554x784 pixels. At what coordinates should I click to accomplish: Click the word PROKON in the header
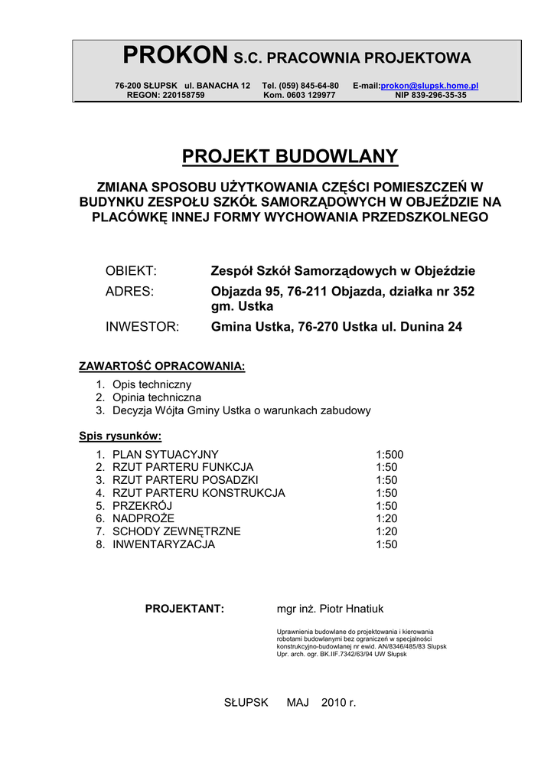pyautogui.click(x=175, y=56)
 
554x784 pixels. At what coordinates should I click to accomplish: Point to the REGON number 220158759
pyautogui.click(x=183, y=96)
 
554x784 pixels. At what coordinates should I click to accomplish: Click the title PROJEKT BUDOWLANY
pyautogui.click(x=290, y=157)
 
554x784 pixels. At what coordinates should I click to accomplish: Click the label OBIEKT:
pyautogui.click(x=131, y=271)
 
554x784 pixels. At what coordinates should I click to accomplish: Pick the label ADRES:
pyautogui.click(x=129, y=292)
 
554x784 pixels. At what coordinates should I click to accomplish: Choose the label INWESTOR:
pyautogui.click(x=142, y=327)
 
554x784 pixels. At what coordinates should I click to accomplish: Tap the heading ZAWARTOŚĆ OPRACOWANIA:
pyautogui.click(x=162, y=366)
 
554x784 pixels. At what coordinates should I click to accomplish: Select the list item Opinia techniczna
pyautogui.click(x=157, y=397)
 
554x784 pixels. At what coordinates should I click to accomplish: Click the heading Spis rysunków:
pyautogui.click(x=120, y=436)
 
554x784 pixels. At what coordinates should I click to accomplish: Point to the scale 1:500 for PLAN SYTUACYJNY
pyautogui.click(x=389, y=454)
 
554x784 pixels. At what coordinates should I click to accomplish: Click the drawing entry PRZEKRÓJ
pyautogui.click(x=142, y=506)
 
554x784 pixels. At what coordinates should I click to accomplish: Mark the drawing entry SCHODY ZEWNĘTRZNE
pyautogui.click(x=177, y=531)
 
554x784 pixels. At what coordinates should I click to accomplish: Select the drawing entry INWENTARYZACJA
pyautogui.click(x=164, y=544)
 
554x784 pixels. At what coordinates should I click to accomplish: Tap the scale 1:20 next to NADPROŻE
pyautogui.click(x=386, y=518)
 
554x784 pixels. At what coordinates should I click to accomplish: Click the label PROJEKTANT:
pyautogui.click(x=185, y=609)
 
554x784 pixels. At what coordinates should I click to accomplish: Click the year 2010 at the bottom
pyautogui.click(x=334, y=702)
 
